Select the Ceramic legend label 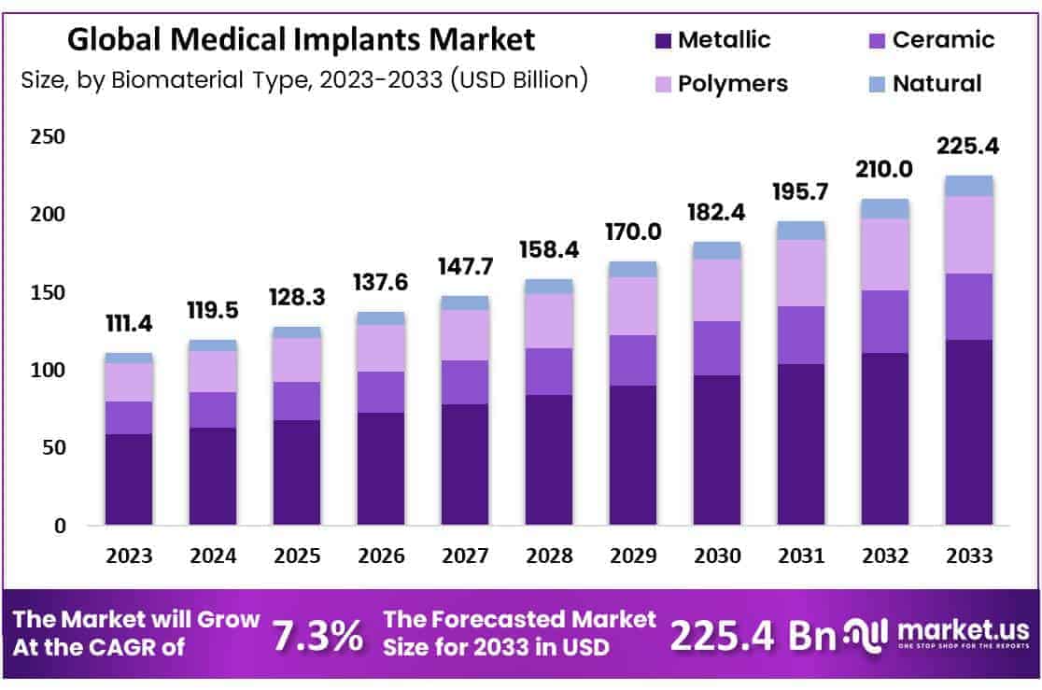[x=943, y=40]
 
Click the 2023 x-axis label [x=129, y=556]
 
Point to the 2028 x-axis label [x=549, y=556]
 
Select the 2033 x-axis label [x=969, y=556]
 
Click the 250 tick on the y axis [x=48, y=137]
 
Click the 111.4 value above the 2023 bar [x=129, y=324]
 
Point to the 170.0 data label [x=633, y=230]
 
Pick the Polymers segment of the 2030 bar [x=717, y=289]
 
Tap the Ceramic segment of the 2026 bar [x=381, y=392]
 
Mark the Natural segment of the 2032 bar [x=885, y=208]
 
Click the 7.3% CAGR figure [x=317, y=636]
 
